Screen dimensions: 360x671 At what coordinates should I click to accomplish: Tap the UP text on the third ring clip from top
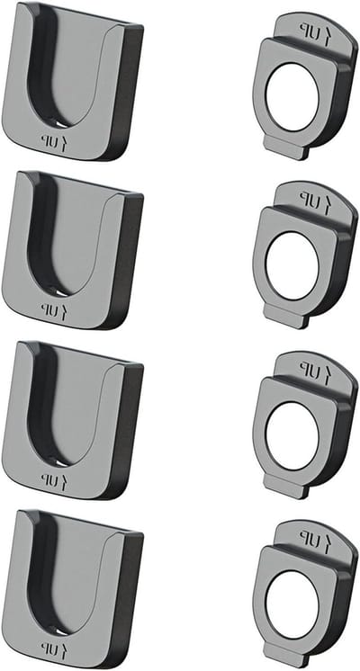point(315,368)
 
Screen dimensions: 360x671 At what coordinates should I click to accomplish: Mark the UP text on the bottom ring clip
point(315,537)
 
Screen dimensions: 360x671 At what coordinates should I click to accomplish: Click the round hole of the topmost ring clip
point(292,97)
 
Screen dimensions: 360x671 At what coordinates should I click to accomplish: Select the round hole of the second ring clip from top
point(292,265)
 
